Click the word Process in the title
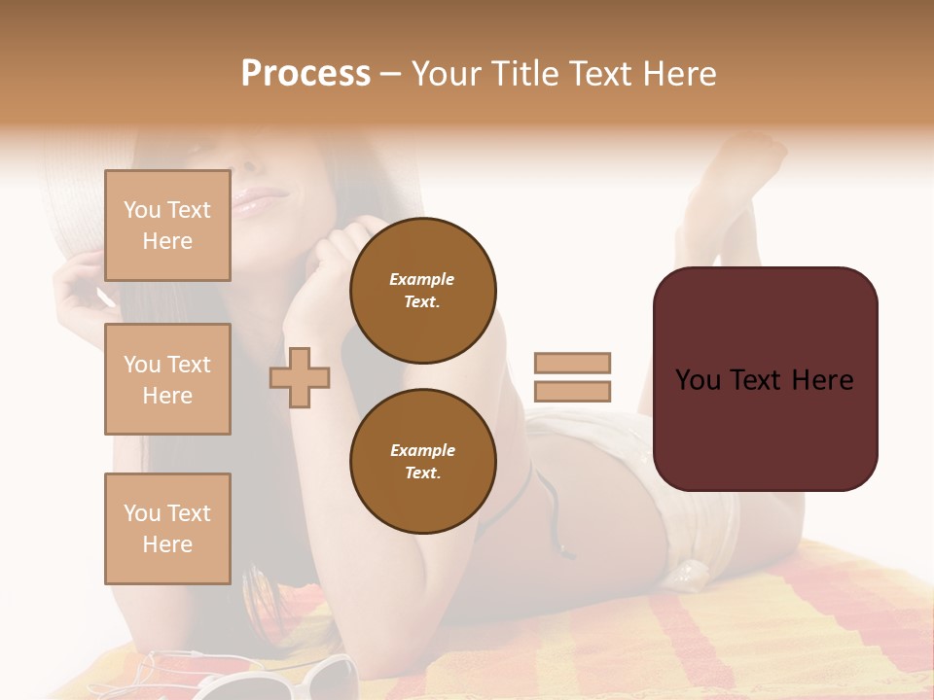pyautogui.click(x=305, y=74)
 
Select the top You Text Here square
pyautogui.click(x=167, y=226)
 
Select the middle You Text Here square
pyautogui.click(x=167, y=379)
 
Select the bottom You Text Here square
pyautogui.click(x=167, y=529)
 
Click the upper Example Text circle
pyautogui.click(x=423, y=290)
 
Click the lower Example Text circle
pyautogui.click(x=423, y=461)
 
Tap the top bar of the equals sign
pyautogui.click(x=572, y=363)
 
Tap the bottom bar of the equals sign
pyautogui.click(x=572, y=391)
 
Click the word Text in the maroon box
pyautogui.click(x=765, y=380)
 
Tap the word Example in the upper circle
pyautogui.click(x=422, y=279)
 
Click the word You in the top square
pyautogui.click(x=142, y=210)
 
